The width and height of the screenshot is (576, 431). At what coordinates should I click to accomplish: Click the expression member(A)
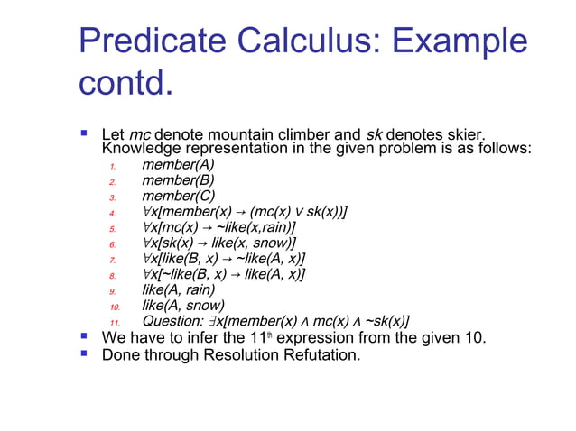pyautogui.click(x=178, y=164)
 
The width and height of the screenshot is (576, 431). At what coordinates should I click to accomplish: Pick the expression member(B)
pyautogui.click(x=178, y=179)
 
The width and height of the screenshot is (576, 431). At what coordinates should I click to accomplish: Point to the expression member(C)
pyautogui.click(x=179, y=196)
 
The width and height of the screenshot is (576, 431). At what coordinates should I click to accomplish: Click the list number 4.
pyautogui.click(x=112, y=214)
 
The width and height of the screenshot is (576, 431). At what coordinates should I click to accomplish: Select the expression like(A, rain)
pyautogui.click(x=179, y=290)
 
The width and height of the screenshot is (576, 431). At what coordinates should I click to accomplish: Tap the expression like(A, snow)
pyautogui.click(x=181, y=306)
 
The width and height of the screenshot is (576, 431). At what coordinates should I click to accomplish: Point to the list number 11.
pyautogui.click(x=115, y=323)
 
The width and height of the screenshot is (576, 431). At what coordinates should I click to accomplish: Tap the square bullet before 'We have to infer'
pyautogui.click(x=84, y=337)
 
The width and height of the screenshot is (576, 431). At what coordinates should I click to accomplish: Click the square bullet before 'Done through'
pyautogui.click(x=84, y=353)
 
